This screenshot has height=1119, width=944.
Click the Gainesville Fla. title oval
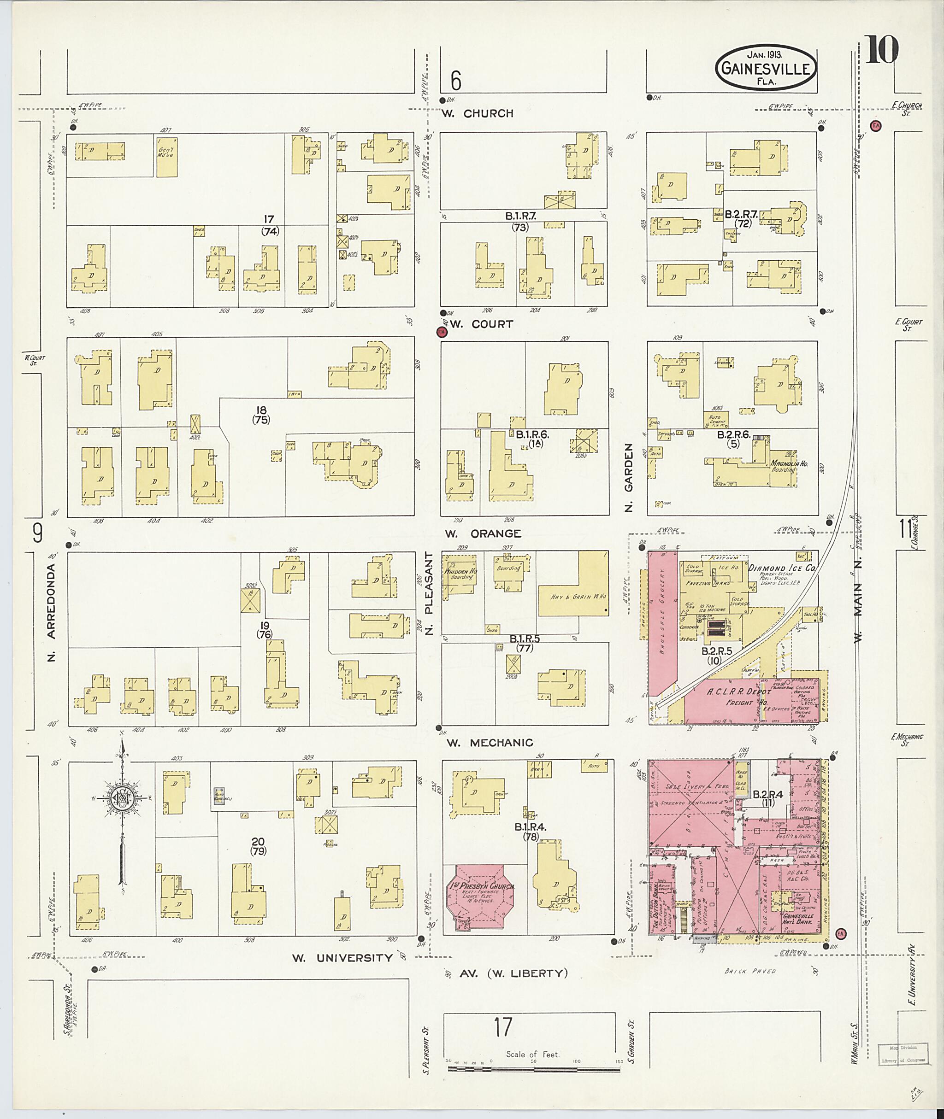point(767,69)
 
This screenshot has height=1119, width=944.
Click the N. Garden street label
point(629,477)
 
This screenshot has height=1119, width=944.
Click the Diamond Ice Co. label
point(781,568)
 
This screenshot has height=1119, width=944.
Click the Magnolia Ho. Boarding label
point(788,466)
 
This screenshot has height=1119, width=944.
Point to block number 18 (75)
point(261,415)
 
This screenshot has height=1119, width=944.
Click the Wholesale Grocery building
point(662,621)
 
